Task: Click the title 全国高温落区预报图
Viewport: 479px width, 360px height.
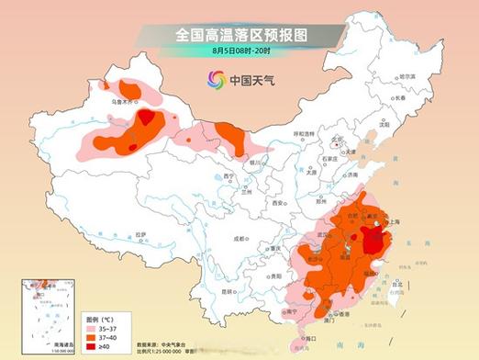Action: tap(241, 34)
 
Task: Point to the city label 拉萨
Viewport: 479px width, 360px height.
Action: tap(139, 236)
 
